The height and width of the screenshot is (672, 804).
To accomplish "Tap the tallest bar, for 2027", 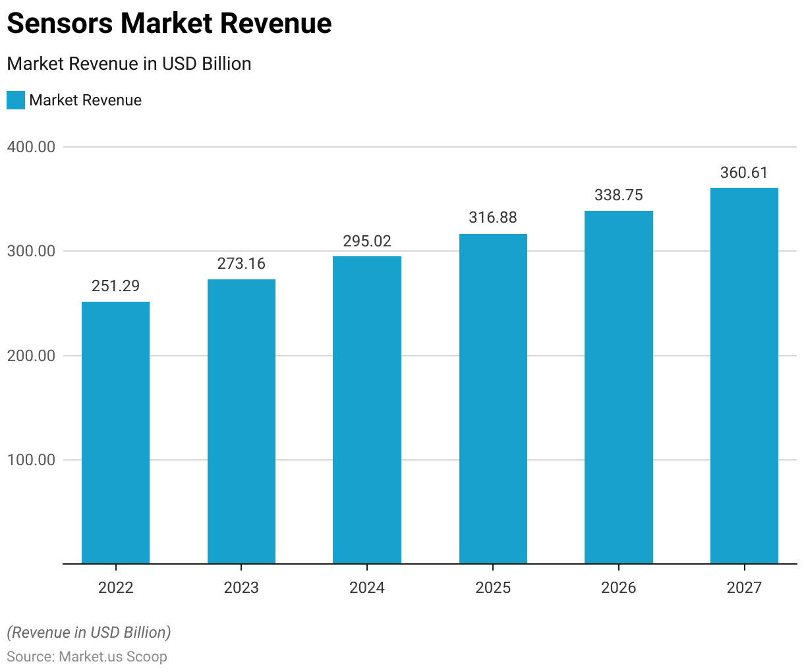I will tap(744, 376).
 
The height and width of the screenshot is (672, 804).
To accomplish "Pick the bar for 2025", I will tap(493, 399).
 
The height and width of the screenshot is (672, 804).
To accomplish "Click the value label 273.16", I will tap(241, 264).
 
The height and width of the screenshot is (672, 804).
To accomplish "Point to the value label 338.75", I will tap(618, 195).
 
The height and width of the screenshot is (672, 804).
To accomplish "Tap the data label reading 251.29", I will tap(115, 286).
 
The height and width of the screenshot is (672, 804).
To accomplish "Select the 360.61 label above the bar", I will tap(744, 173).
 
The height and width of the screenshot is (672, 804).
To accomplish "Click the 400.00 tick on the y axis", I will tap(31, 147).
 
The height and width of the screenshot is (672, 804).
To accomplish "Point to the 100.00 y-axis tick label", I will tap(31, 460).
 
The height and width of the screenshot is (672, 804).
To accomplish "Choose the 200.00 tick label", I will tap(31, 356).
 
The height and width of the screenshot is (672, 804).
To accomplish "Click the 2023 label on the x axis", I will tap(241, 588).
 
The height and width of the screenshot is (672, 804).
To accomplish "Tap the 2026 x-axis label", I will tap(618, 588).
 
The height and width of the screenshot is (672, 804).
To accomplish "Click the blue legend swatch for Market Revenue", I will tap(16, 100).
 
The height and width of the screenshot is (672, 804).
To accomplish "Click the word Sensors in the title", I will tap(60, 24).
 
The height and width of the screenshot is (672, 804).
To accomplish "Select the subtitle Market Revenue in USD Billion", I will tap(129, 64).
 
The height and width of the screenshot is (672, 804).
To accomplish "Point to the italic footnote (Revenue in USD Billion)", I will tap(89, 632).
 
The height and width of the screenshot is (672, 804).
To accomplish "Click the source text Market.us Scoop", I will tap(113, 657).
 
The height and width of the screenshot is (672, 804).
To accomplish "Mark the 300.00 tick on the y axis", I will tap(31, 251).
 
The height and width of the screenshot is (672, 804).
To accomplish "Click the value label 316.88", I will tap(493, 217).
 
